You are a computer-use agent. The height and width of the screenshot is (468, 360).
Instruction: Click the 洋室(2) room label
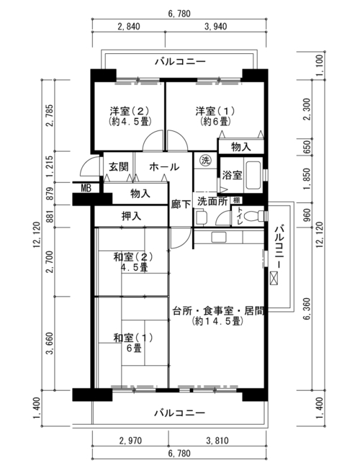click(130, 112)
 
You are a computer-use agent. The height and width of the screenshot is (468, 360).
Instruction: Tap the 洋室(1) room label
click(215, 112)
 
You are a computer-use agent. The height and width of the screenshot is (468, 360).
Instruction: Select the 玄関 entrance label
click(119, 167)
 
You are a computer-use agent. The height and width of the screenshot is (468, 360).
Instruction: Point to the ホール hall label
click(164, 167)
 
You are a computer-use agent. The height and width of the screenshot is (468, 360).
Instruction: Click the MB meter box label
click(86, 189)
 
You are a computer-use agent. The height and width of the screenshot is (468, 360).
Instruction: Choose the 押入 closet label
click(131, 216)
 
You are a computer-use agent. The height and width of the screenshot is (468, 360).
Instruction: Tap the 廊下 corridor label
click(181, 204)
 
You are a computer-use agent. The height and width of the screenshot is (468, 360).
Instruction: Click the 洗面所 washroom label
click(213, 202)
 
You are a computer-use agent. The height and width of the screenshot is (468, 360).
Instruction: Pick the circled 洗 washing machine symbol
click(205, 161)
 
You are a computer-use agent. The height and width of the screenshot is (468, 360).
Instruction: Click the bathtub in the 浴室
click(253, 176)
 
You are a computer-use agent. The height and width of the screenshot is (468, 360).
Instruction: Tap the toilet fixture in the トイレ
click(253, 216)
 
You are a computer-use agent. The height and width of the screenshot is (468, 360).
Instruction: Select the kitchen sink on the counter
click(218, 237)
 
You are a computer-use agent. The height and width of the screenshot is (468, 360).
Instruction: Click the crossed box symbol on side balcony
click(274, 278)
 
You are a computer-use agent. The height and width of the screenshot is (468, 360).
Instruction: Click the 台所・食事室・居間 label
click(218, 311)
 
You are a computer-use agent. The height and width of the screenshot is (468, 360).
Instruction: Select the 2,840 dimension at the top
click(129, 27)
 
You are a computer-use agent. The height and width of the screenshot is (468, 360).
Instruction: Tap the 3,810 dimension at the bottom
click(217, 441)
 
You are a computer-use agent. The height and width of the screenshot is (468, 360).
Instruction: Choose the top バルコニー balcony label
click(180, 62)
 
